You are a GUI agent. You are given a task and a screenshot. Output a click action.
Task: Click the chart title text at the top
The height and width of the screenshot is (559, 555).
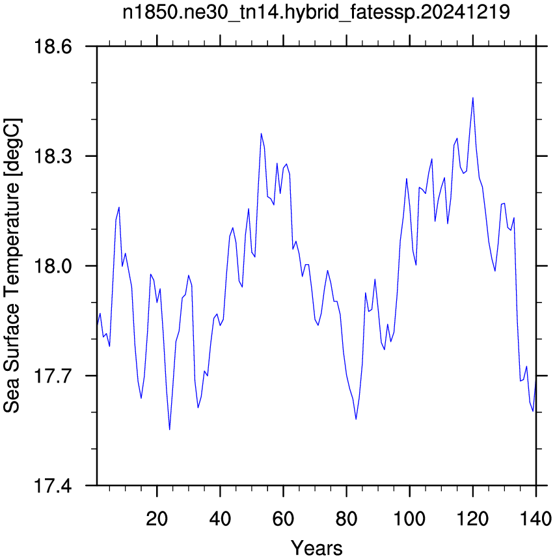[316, 12]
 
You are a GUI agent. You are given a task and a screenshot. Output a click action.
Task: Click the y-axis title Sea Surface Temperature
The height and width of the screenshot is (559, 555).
[12, 266]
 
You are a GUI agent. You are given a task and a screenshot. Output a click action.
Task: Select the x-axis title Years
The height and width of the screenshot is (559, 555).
[316, 548]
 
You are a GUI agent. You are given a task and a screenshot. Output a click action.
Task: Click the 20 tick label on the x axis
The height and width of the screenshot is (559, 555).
[157, 519]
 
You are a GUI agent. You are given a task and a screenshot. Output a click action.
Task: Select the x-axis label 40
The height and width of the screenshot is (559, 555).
[220, 519]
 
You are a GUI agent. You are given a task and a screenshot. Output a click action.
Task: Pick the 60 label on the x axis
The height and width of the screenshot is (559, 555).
[283, 519]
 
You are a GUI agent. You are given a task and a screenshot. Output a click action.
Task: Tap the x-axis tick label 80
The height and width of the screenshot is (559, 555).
[347, 519]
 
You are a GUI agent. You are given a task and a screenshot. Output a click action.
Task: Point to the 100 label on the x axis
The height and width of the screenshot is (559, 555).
[409, 519]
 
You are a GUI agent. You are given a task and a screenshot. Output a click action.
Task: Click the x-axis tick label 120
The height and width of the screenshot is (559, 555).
[472, 519]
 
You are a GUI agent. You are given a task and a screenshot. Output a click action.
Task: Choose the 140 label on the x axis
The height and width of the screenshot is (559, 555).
[535, 519]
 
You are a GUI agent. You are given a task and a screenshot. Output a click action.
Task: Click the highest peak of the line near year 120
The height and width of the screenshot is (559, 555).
[472, 98]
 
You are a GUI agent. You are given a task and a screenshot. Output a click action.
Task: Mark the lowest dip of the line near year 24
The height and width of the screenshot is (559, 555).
[170, 429]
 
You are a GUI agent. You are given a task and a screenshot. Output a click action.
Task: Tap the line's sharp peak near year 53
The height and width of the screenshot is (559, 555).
[262, 133]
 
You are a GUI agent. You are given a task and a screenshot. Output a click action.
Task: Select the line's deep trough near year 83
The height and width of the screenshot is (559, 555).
[356, 419]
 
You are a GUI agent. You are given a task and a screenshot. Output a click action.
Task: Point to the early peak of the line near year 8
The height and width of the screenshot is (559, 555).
[119, 207]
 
